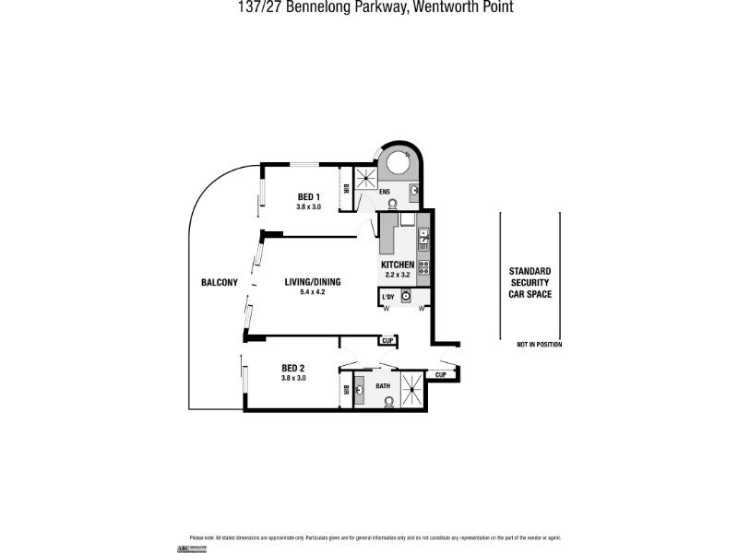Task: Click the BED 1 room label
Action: (308, 196)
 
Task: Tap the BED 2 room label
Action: (293, 368)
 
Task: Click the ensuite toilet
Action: (392, 203)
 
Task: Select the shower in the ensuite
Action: (367, 178)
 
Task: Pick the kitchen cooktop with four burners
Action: (423, 267)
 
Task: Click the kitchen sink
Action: (423, 240)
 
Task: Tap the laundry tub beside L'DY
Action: (405, 296)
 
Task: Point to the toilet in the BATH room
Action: (389, 401)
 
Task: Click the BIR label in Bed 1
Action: (345, 188)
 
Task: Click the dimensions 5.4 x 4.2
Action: (313, 292)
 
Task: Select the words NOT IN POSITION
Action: (539, 345)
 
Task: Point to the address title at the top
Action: (369, 7)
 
